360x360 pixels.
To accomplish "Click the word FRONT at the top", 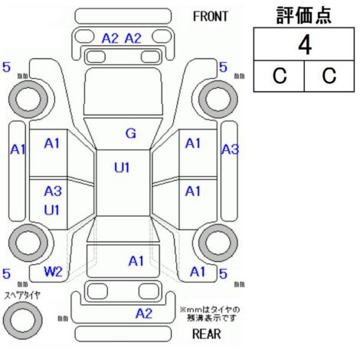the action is (x=210, y=17).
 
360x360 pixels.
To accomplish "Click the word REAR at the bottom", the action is (x=206, y=334).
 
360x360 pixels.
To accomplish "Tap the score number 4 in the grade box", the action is (x=305, y=44).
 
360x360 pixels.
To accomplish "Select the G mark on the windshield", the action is (x=131, y=133).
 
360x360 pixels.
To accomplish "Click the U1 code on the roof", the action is (x=122, y=168).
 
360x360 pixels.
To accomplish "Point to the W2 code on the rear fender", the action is (x=53, y=271).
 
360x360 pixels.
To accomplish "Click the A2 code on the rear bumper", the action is (x=144, y=313).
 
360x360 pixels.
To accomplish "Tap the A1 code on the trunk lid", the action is (x=136, y=261).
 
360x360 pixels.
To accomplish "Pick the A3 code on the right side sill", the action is (x=230, y=149).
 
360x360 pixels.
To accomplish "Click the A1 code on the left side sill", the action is (x=18, y=149).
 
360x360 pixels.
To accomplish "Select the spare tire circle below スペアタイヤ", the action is (x=23, y=320).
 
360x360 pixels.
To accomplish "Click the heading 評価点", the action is (x=304, y=15).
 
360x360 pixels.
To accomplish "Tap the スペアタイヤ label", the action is (x=22, y=296).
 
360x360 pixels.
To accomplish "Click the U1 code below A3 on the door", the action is (x=52, y=211).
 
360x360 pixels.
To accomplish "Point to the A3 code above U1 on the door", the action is (x=53, y=191).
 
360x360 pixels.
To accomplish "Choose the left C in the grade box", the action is (x=280, y=76).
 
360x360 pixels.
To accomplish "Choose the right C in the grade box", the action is (x=329, y=76).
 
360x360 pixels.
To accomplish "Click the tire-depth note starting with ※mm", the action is (x=211, y=314).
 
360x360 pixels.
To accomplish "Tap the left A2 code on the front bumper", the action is (x=110, y=38).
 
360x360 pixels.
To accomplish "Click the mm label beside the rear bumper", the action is (x=63, y=319).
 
